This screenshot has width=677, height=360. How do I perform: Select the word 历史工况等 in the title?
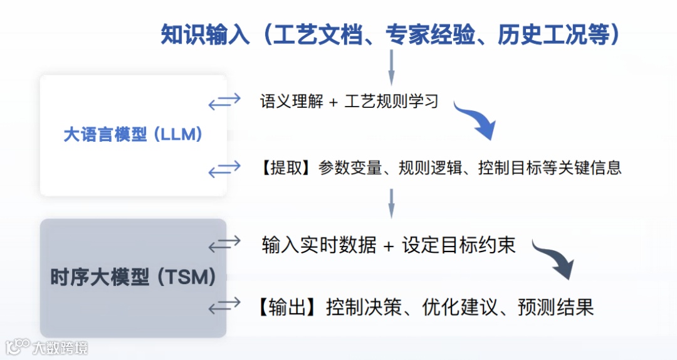pyautogui.click(x=552, y=34)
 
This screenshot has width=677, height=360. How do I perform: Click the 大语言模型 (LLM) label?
pyautogui.click(x=133, y=134)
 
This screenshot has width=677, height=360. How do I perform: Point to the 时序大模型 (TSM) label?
pyautogui.click(x=133, y=277)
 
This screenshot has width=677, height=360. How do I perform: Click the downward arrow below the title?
pyautogui.click(x=392, y=67)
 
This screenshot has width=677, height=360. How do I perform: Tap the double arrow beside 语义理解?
pyautogui.click(x=224, y=100)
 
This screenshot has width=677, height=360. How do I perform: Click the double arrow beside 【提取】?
pyautogui.click(x=224, y=168)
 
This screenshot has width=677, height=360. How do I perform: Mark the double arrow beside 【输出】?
pyautogui.click(x=224, y=306)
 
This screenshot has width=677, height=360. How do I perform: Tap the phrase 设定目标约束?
pyautogui.click(x=459, y=245)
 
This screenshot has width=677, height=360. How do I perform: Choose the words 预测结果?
pyautogui.click(x=555, y=307)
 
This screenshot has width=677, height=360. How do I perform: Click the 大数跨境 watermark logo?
pyautogui.click(x=46, y=347)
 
